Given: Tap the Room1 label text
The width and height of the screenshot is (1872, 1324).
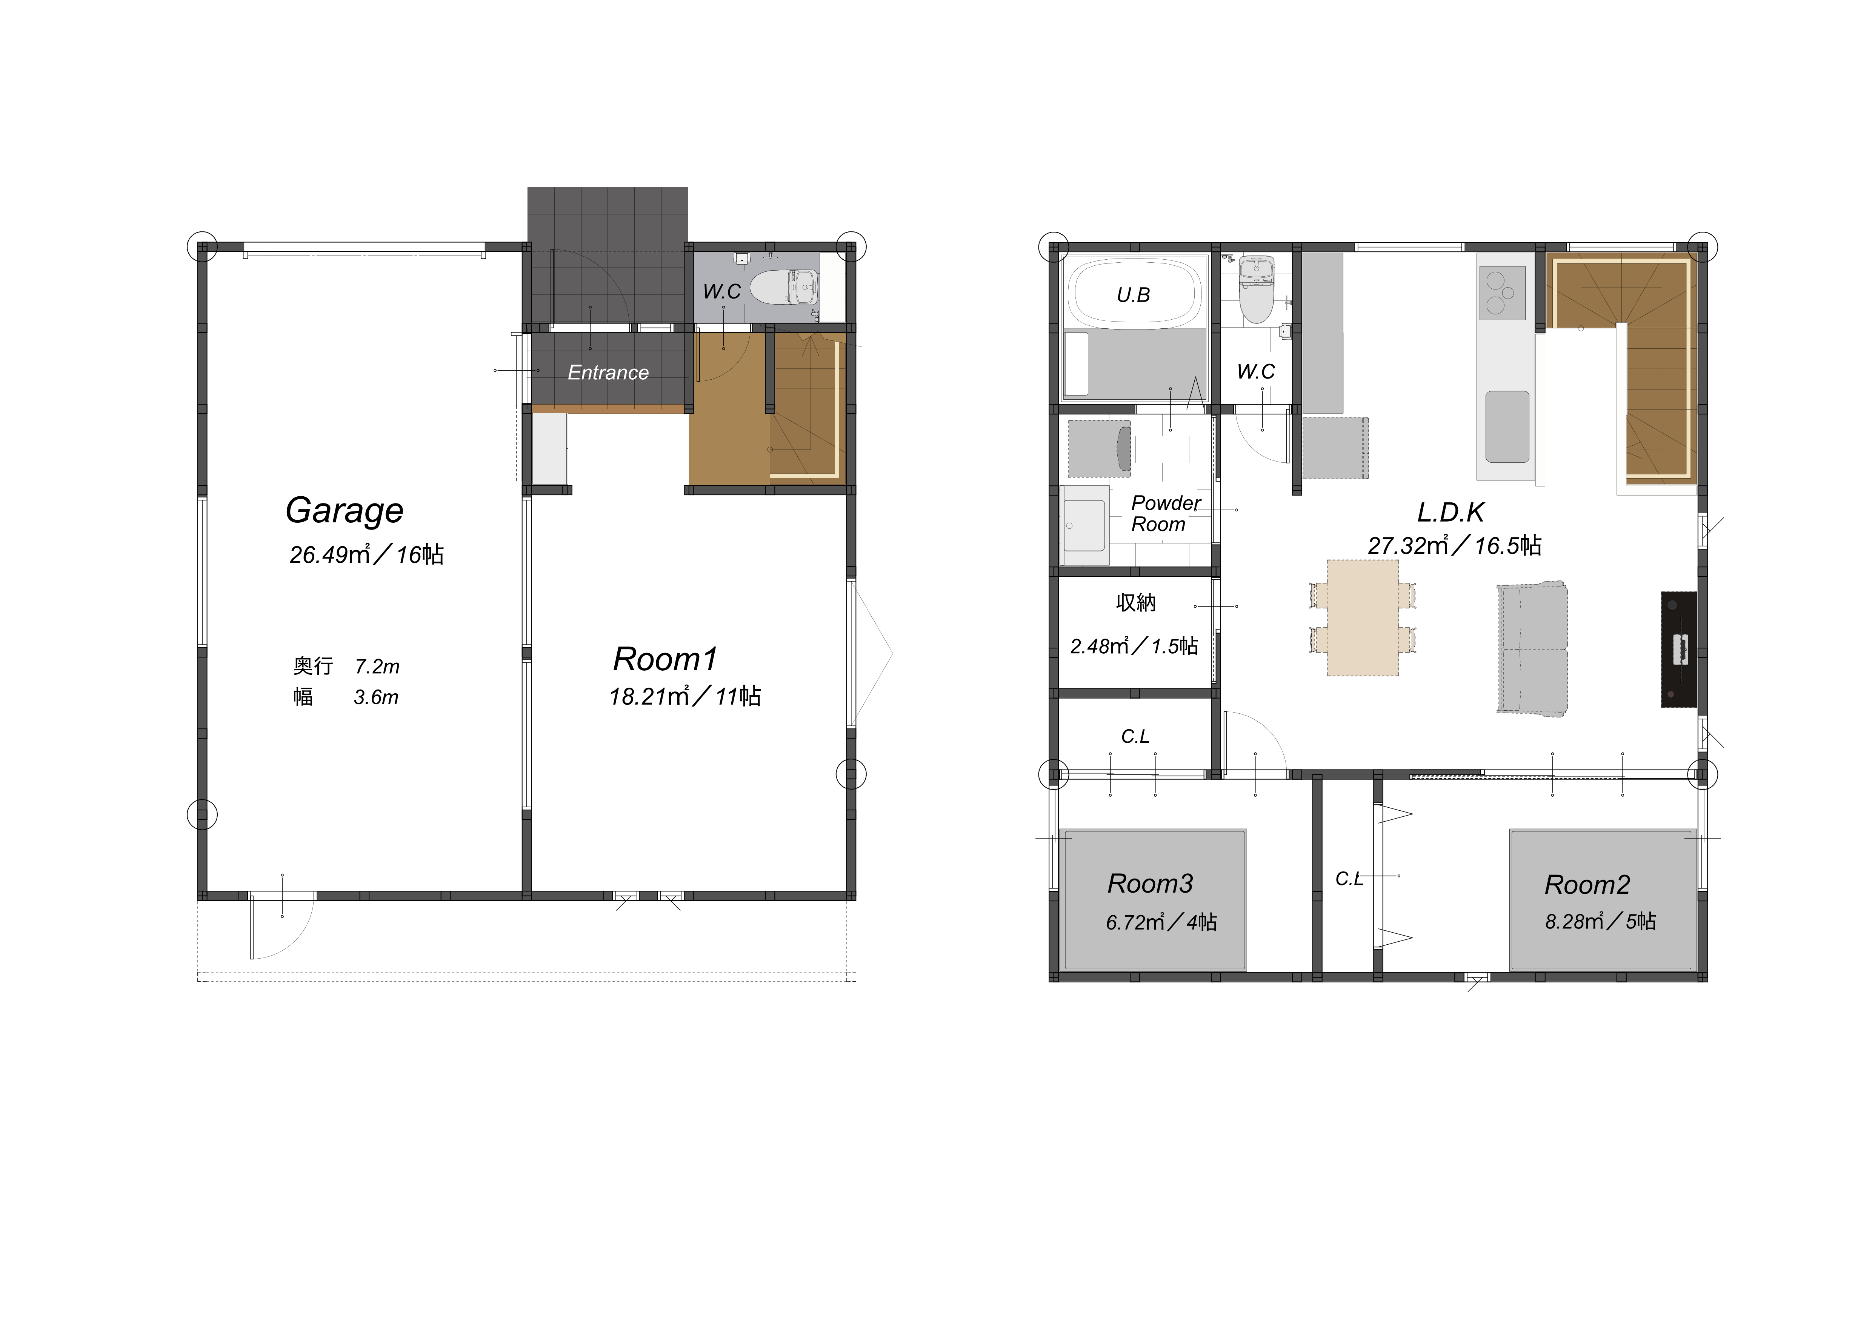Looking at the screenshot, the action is click(x=665, y=659).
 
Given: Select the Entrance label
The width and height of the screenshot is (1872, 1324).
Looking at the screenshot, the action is click(x=608, y=373).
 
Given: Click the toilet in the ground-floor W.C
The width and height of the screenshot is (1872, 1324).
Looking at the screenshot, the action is click(x=783, y=288).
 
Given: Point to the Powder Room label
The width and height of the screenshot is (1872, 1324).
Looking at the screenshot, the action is click(x=1165, y=514).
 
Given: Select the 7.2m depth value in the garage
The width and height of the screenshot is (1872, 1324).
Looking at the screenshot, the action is click(x=377, y=667).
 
